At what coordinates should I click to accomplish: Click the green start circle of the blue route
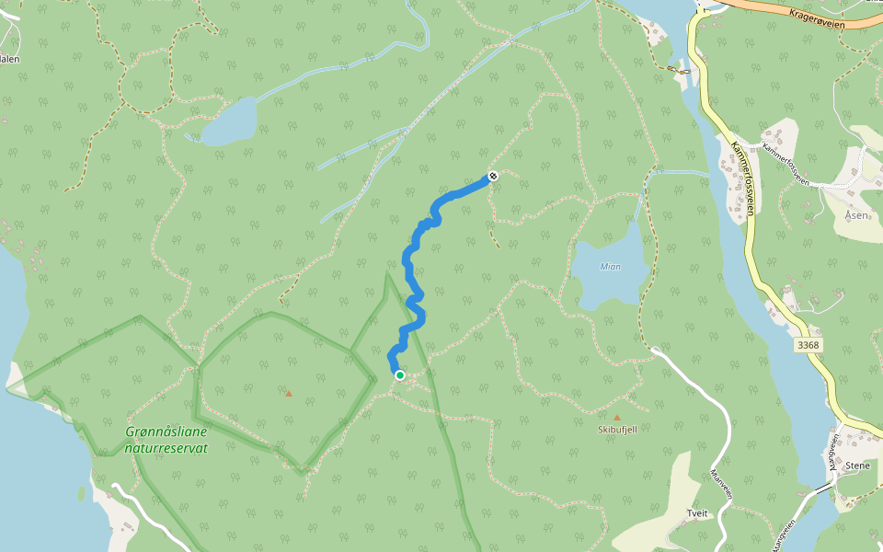click(x=400, y=375)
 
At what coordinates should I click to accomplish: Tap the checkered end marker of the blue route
click(x=493, y=176)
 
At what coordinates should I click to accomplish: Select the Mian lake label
click(x=610, y=267)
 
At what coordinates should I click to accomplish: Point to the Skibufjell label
click(x=617, y=429)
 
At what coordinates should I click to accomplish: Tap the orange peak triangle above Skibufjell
click(x=617, y=417)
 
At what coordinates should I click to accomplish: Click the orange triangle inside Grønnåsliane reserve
click(x=288, y=394)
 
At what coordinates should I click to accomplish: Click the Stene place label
click(x=856, y=466)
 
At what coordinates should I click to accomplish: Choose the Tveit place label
click(x=697, y=513)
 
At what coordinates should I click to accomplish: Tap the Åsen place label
click(x=857, y=214)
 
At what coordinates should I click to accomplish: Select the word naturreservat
click(x=166, y=448)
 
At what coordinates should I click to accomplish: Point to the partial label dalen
click(x=9, y=59)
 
